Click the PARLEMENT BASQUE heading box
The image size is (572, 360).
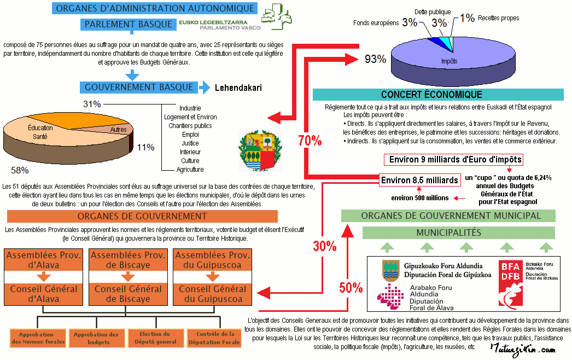(129, 24)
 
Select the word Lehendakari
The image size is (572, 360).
(238, 88)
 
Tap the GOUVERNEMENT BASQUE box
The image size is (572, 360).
(139, 87)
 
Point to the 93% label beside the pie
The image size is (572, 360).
(375, 59)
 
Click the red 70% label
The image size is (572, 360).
(310, 141)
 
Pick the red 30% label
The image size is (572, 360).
(325, 246)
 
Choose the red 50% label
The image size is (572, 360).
(351, 288)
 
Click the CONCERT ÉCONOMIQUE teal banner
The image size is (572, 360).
(438, 95)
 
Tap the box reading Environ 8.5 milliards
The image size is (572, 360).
(419, 180)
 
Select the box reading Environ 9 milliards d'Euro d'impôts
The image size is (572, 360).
(454, 160)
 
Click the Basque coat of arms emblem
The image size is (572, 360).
(260, 151)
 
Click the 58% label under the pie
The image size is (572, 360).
(20, 170)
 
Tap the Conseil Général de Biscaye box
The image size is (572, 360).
(128, 294)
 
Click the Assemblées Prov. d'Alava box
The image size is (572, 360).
(43, 260)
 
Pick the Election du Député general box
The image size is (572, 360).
(155, 338)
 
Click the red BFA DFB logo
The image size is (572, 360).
(511, 283)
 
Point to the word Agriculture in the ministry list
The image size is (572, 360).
(190, 170)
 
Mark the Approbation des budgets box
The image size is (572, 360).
(96, 338)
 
